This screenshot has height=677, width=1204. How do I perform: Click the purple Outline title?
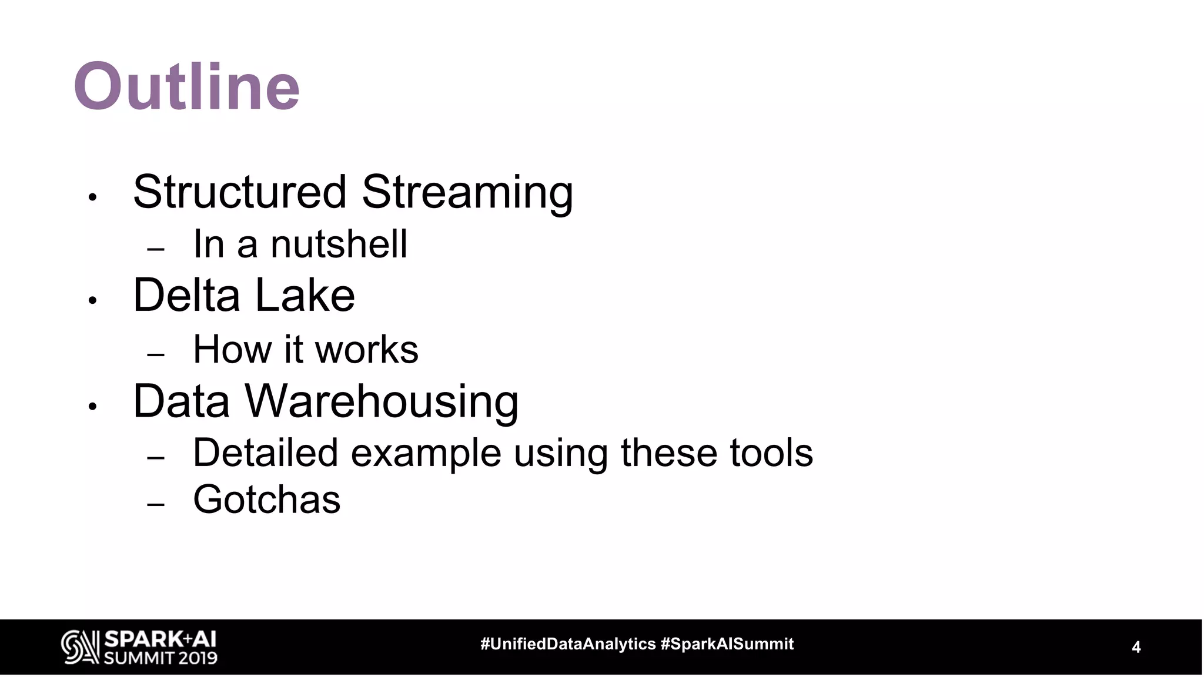click(x=187, y=86)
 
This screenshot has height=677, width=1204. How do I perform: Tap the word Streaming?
click(x=467, y=193)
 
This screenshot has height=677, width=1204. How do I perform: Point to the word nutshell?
click(x=339, y=244)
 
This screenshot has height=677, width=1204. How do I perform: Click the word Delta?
click(x=186, y=295)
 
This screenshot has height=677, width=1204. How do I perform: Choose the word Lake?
click(x=305, y=295)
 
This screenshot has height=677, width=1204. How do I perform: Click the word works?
click(x=366, y=349)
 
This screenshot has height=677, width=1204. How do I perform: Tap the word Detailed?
click(x=265, y=453)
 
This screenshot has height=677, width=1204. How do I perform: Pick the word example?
click(x=426, y=454)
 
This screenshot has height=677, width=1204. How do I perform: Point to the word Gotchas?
click(x=266, y=500)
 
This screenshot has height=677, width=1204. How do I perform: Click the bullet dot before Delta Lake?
click(x=92, y=301)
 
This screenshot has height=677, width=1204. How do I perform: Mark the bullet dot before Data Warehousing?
click(x=92, y=406)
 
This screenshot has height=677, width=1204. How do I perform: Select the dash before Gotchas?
click(x=155, y=504)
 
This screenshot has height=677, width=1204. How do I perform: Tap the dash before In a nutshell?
click(x=155, y=249)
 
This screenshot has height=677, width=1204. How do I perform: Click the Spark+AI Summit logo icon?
click(x=80, y=647)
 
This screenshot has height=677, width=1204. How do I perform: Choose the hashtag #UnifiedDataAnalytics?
click(x=568, y=644)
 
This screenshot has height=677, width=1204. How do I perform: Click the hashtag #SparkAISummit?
click(x=727, y=644)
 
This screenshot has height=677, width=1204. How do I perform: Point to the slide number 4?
click(x=1136, y=647)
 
